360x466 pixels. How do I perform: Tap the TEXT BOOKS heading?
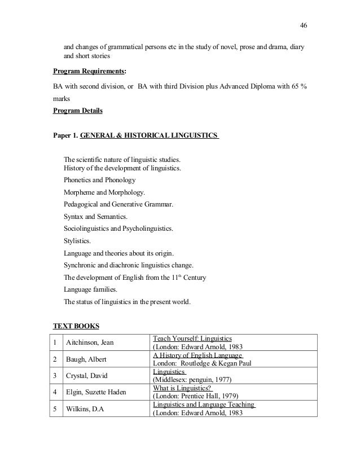(76, 326)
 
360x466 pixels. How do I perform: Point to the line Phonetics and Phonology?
(99, 181)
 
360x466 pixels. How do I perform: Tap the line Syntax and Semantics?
(95, 216)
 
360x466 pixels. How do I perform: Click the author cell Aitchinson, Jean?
(89, 342)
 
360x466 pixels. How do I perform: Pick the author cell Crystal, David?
(86, 376)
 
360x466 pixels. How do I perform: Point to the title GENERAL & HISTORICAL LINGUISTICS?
(150, 137)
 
